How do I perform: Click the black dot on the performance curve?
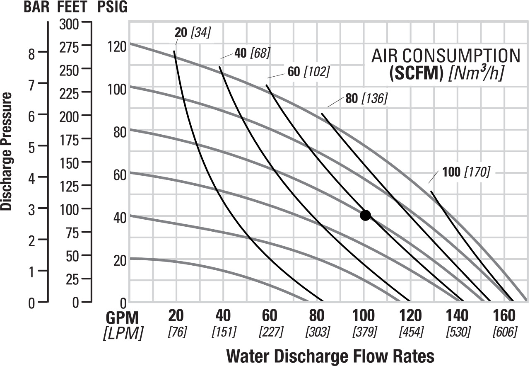tap(365, 215)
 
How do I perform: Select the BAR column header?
tap(36, 7)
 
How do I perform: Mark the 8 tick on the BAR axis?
tap(43, 53)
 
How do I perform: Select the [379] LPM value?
tap(364, 332)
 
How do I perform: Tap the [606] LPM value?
tap(504, 332)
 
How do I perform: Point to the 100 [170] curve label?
tap(466, 172)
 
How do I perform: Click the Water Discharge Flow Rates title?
tap(331, 356)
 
